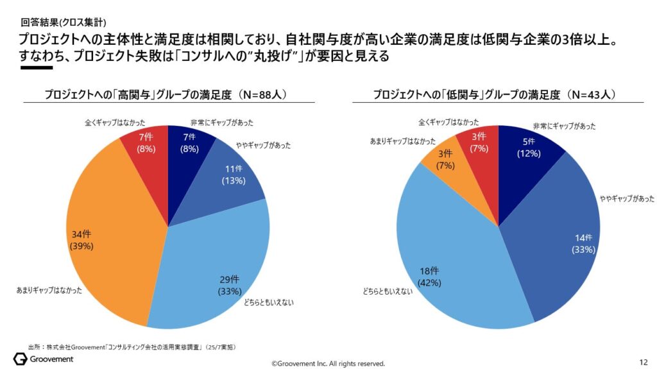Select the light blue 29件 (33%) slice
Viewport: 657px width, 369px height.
tap(212, 270)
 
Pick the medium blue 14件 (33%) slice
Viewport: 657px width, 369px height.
tap(565, 237)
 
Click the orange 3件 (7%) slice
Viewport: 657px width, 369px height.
tap(446, 160)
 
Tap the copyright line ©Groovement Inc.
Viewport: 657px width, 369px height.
tap(328, 363)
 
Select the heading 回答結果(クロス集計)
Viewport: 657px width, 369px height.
tap(61, 21)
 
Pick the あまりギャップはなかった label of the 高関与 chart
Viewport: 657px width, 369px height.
tap(49, 290)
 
